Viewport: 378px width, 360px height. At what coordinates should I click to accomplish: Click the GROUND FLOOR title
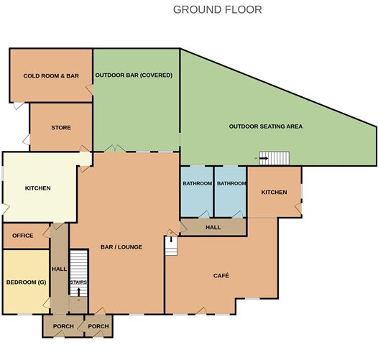(x=218, y=9)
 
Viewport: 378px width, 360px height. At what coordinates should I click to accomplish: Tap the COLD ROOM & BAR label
(x=51, y=75)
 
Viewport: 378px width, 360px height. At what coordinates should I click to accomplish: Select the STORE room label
(x=61, y=128)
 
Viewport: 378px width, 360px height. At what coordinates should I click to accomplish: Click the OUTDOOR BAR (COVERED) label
(x=134, y=75)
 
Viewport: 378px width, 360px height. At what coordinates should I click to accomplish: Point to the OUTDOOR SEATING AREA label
(x=266, y=126)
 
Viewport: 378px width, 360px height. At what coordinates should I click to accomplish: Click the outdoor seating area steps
(x=274, y=158)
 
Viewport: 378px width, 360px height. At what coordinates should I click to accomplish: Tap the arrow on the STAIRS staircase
(x=78, y=292)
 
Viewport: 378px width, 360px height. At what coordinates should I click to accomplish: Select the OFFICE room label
(x=23, y=236)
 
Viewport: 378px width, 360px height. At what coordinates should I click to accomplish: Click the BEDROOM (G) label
(x=26, y=282)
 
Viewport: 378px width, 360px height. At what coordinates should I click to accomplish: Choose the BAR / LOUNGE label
(x=121, y=247)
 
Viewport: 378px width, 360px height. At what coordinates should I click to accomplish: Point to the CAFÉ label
(x=221, y=275)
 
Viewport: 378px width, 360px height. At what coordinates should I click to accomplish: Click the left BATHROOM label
(x=198, y=183)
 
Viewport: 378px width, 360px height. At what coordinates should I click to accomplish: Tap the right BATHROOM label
(x=231, y=183)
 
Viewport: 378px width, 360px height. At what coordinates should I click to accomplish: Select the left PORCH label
(x=63, y=326)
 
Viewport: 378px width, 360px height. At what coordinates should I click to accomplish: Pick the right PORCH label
(x=98, y=326)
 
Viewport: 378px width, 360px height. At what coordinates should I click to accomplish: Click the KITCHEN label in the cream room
(x=38, y=188)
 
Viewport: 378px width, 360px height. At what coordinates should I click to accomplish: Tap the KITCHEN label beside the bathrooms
(x=274, y=192)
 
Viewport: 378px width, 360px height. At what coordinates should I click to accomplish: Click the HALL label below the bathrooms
(x=213, y=227)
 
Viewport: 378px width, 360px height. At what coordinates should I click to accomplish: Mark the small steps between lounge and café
(x=171, y=246)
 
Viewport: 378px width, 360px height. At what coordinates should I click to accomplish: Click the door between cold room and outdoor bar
(x=89, y=90)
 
